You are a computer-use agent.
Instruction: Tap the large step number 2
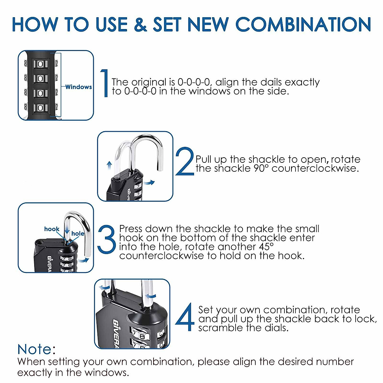(x=185, y=161)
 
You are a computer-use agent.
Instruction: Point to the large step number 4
(x=185, y=317)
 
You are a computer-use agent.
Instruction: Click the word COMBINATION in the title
(x=303, y=24)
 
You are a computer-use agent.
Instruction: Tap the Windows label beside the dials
(x=79, y=87)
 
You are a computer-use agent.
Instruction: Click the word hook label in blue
(x=52, y=229)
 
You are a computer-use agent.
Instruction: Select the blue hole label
(x=78, y=233)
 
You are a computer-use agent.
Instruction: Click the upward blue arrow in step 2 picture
(x=109, y=165)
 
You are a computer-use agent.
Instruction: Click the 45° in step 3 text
(x=266, y=247)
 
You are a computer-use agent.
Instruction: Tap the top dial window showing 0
(x=40, y=64)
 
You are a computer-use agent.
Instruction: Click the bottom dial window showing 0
(x=40, y=108)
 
